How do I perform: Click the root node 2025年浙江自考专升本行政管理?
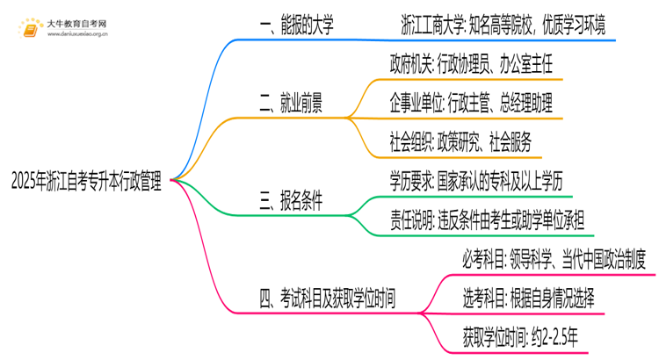86,181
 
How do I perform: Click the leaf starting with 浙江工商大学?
502,25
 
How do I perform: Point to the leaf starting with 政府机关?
470,64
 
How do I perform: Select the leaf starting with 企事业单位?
471,104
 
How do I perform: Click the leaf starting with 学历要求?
480,181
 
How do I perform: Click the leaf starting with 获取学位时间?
518,336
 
